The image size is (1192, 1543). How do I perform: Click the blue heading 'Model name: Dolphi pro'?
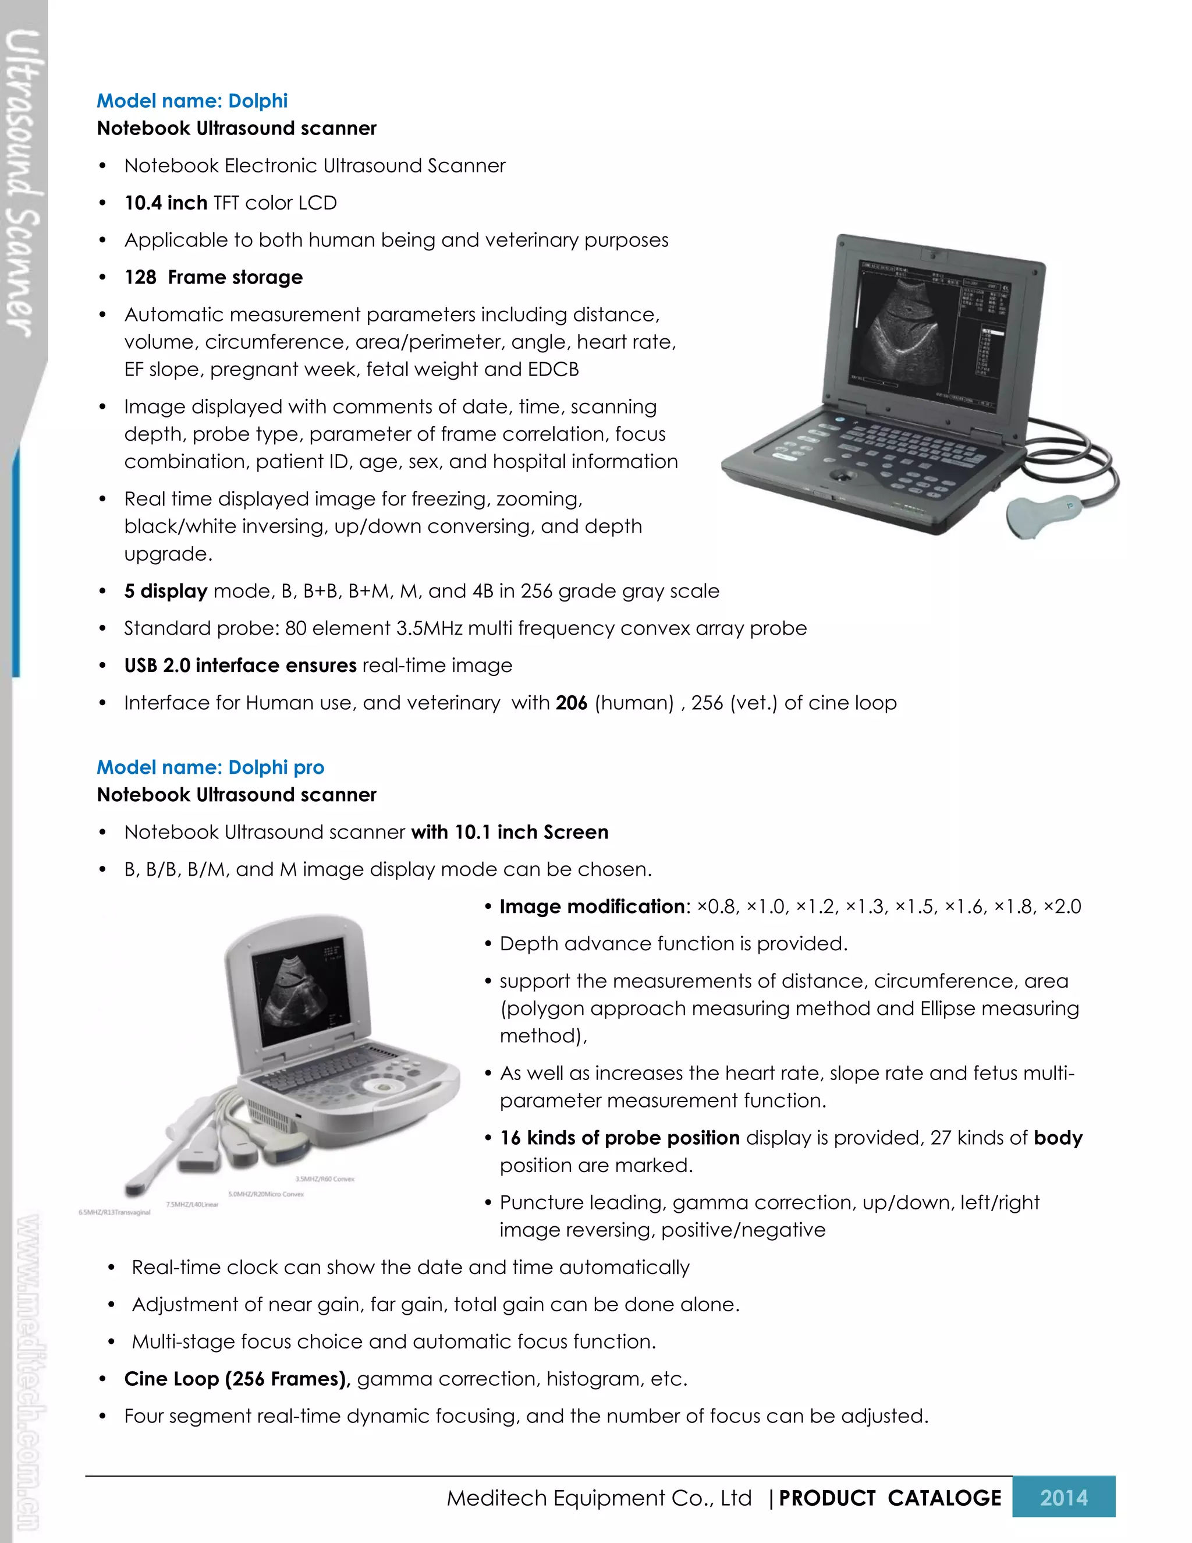tap(211, 767)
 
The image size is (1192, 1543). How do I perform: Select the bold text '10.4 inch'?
tap(165, 203)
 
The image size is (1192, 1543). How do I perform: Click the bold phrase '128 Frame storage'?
tap(213, 277)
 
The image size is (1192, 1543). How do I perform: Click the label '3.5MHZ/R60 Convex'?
tap(325, 1179)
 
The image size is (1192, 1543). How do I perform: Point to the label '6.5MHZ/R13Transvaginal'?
tap(115, 1212)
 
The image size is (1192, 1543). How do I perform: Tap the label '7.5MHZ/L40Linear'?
tap(192, 1205)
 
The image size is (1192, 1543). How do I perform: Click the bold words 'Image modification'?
tap(592, 907)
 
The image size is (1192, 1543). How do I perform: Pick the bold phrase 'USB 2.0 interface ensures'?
tap(240, 666)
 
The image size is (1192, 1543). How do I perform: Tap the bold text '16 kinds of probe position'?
tap(619, 1138)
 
